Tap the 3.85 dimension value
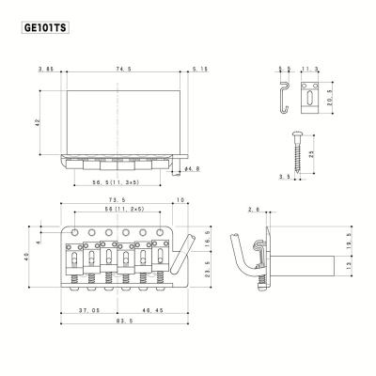pyautogui.click(x=44, y=69)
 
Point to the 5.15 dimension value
pyautogui.click(x=198, y=69)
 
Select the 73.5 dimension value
pyautogui.click(x=117, y=200)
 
